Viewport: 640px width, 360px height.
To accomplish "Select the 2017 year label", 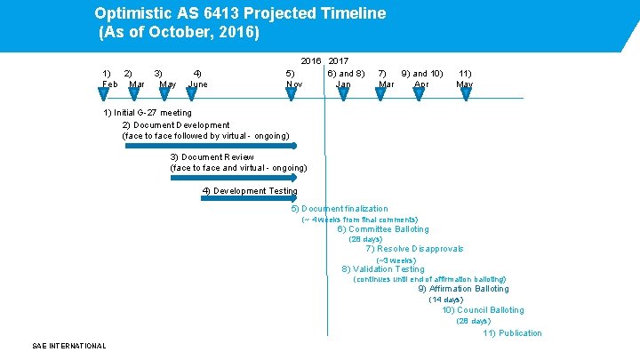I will tap(339, 60).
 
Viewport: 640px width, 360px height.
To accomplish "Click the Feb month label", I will tap(110, 84).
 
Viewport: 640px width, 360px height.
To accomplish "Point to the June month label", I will tap(198, 84).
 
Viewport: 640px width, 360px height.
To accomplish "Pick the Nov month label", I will tap(294, 84).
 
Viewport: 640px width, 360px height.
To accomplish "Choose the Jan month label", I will tap(343, 84).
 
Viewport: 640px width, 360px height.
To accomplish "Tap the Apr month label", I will tap(421, 84).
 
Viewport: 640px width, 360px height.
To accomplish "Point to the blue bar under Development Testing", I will tap(249, 199).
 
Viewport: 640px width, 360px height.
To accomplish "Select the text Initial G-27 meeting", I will tap(148, 113).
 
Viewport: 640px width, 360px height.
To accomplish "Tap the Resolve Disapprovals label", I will tap(414, 250).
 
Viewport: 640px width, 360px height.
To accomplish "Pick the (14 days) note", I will tap(445, 300).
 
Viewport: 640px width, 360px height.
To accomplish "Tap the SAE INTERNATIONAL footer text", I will tap(69, 346).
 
